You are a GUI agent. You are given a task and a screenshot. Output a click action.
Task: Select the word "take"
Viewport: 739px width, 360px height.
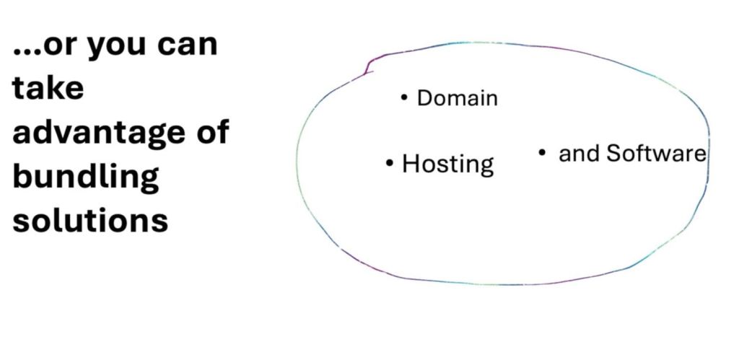(x=48, y=89)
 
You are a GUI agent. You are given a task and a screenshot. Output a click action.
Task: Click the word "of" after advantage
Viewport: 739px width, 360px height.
(x=212, y=131)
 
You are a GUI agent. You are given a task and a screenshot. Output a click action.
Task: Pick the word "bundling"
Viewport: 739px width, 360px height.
(x=86, y=176)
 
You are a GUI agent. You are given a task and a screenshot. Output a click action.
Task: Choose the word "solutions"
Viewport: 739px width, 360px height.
(x=90, y=219)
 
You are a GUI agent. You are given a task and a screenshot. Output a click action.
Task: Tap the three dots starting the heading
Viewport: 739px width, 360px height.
(x=26, y=55)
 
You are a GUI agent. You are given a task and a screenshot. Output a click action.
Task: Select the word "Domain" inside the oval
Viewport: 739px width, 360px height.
(x=458, y=97)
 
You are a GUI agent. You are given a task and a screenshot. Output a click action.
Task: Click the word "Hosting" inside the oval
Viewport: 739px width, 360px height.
(x=447, y=164)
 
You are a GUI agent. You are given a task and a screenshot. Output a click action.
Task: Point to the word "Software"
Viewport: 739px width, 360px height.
(x=655, y=153)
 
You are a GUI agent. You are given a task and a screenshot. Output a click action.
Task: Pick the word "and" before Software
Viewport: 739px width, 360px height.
(x=580, y=154)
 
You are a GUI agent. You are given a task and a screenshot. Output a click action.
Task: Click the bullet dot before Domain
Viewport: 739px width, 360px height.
(x=404, y=97)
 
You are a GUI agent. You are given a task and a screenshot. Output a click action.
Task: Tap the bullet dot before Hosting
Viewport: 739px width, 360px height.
(x=390, y=163)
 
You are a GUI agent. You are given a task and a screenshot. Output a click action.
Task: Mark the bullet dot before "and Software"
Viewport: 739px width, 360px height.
(x=542, y=152)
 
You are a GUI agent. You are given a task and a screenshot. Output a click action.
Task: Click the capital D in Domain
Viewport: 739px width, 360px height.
(x=424, y=97)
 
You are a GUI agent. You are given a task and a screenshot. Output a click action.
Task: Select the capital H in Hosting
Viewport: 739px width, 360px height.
(x=410, y=164)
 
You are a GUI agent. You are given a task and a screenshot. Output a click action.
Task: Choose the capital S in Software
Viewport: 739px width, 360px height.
(x=613, y=153)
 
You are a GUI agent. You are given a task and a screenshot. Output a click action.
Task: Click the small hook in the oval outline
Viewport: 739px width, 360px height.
(x=368, y=67)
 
